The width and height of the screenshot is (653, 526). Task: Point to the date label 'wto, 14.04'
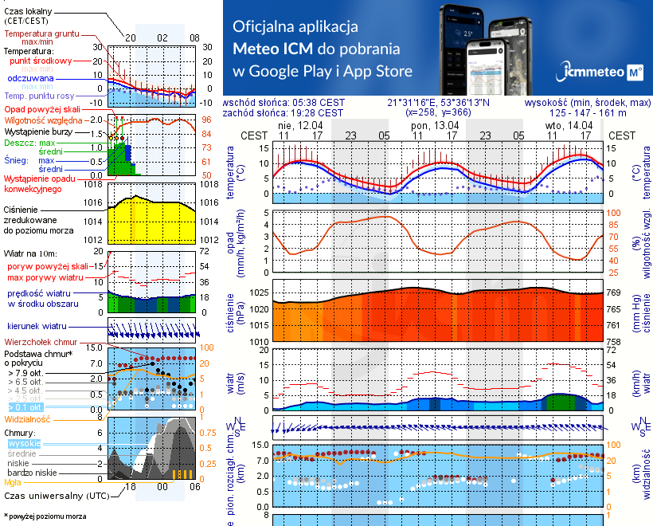click(569, 125)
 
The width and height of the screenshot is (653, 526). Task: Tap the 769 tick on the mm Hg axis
click(612, 292)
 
